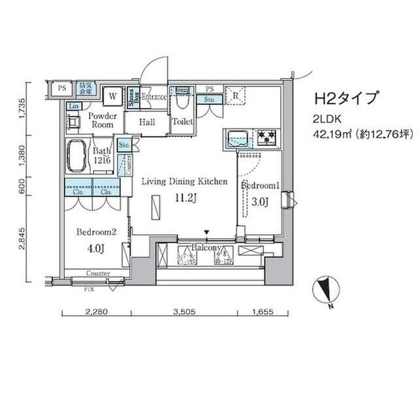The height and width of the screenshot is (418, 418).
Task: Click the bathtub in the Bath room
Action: tap(77, 157)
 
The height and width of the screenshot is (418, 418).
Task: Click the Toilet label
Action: tap(182, 122)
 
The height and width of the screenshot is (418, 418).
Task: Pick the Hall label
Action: tap(147, 122)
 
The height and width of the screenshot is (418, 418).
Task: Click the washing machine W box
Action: tap(112, 96)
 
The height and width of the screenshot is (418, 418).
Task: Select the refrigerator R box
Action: tap(234, 96)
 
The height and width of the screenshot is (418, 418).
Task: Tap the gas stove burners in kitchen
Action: tap(266, 137)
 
